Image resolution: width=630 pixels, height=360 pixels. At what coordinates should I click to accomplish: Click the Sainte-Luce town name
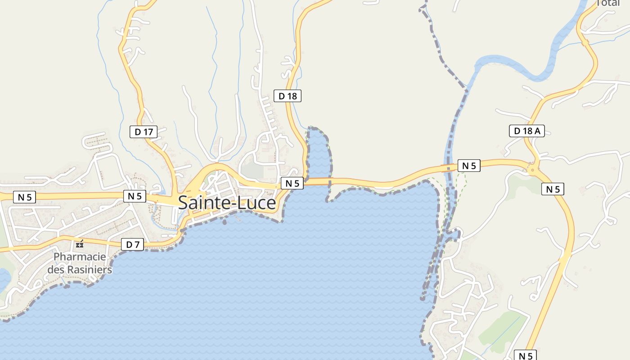pyautogui.click(x=227, y=203)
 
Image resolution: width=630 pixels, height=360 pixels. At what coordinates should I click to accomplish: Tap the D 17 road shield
pyautogui.click(x=144, y=132)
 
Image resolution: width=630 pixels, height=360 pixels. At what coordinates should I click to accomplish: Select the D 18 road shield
pyautogui.click(x=288, y=95)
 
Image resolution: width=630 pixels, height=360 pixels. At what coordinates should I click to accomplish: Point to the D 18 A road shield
pyautogui.click(x=526, y=131)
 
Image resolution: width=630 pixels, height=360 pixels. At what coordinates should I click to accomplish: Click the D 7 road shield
pyautogui.click(x=132, y=245)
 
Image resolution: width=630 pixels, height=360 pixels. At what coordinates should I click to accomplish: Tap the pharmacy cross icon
pyautogui.click(x=80, y=244)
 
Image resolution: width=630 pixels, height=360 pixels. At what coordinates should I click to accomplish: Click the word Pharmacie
pyautogui.click(x=80, y=257)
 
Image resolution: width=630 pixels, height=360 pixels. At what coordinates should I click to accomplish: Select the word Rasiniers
pyautogui.click(x=89, y=270)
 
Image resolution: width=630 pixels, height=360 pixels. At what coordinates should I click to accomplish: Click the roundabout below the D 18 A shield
pyautogui.click(x=533, y=170)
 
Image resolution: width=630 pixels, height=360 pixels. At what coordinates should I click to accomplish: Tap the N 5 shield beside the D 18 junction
pyautogui.click(x=292, y=183)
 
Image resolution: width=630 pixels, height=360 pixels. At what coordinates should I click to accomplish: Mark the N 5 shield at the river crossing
pyautogui.click(x=469, y=166)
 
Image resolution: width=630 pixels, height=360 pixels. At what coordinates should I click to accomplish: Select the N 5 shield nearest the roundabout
pyautogui.click(x=553, y=189)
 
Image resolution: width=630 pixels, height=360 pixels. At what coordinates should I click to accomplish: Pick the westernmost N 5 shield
pyautogui.click(x=24, y=197)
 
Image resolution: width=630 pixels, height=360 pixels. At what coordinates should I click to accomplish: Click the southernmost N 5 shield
pyautogui.click(x=525, y=356)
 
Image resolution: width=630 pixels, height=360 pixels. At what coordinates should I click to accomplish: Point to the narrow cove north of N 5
pyautogui.click(x=319, y=153)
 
